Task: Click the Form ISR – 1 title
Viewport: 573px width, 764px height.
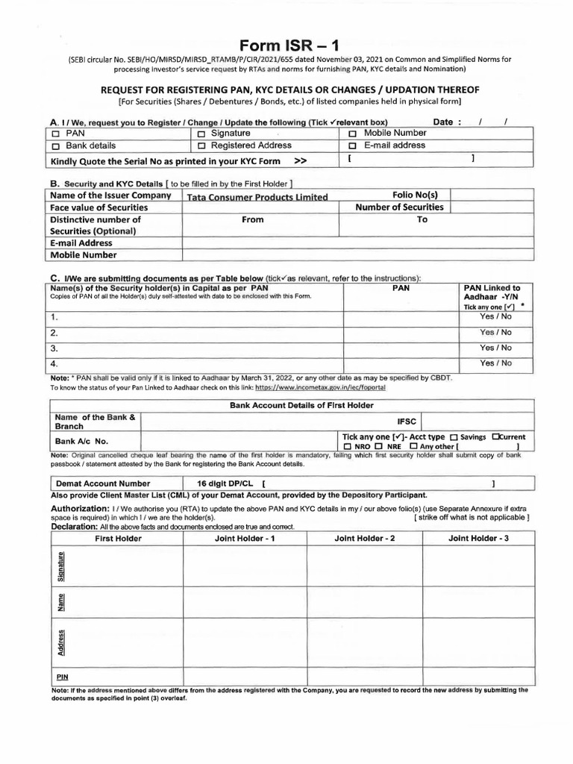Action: tap(286, 46)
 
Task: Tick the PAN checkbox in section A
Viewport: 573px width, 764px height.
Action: tap(56, 134)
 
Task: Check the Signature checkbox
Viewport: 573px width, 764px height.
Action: tap(201, 134)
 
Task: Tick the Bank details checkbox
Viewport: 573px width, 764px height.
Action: tap(56, 147)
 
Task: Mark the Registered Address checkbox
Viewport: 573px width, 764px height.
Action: tap(201, 147)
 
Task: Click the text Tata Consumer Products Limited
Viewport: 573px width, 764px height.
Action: tap(257, 198)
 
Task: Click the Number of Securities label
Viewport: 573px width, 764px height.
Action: tap(399, 207)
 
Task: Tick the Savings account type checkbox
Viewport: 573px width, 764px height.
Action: tap(454, 437)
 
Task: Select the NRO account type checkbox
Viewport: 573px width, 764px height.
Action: tap(348, 447)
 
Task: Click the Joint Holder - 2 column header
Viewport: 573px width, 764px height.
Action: tap(365, 538)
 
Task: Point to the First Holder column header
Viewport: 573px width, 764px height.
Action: tap(119, 538)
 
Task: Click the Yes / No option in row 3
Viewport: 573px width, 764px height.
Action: tap(495, 348)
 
